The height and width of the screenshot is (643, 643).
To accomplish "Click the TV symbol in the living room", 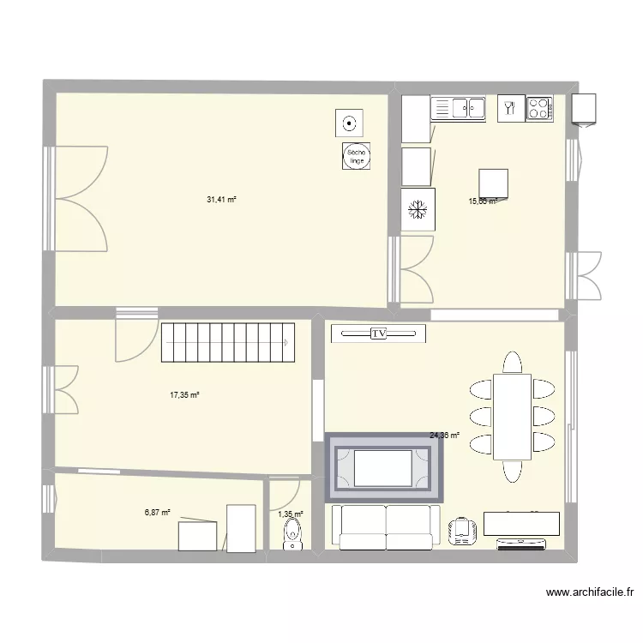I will coord(379,334).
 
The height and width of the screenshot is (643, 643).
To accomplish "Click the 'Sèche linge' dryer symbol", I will coord(355,155).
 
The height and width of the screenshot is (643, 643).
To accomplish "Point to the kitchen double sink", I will coord(459,107).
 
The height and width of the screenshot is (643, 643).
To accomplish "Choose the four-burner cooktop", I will coord(539,107).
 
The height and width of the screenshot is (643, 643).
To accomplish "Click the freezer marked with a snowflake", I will coord(418,209).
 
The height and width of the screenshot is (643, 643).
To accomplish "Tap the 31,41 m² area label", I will coord(221,200).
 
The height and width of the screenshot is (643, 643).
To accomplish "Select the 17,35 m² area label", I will coord(184,395).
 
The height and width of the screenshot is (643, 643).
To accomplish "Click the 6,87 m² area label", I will coord(157,512).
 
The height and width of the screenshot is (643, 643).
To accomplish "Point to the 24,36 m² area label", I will coord(444,436).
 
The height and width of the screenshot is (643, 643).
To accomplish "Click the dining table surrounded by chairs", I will coord(512,417).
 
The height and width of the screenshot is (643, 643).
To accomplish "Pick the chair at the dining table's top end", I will coord(512,363).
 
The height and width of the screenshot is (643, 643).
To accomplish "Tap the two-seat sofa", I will coord(385,526).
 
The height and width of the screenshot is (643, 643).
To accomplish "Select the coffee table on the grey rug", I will coord(383,467).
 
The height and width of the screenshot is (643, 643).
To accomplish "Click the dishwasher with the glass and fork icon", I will coord(510,107).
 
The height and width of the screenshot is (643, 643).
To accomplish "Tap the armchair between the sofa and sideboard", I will coord(463,530).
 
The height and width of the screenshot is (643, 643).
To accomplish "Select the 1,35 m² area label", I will coord(290,514).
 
